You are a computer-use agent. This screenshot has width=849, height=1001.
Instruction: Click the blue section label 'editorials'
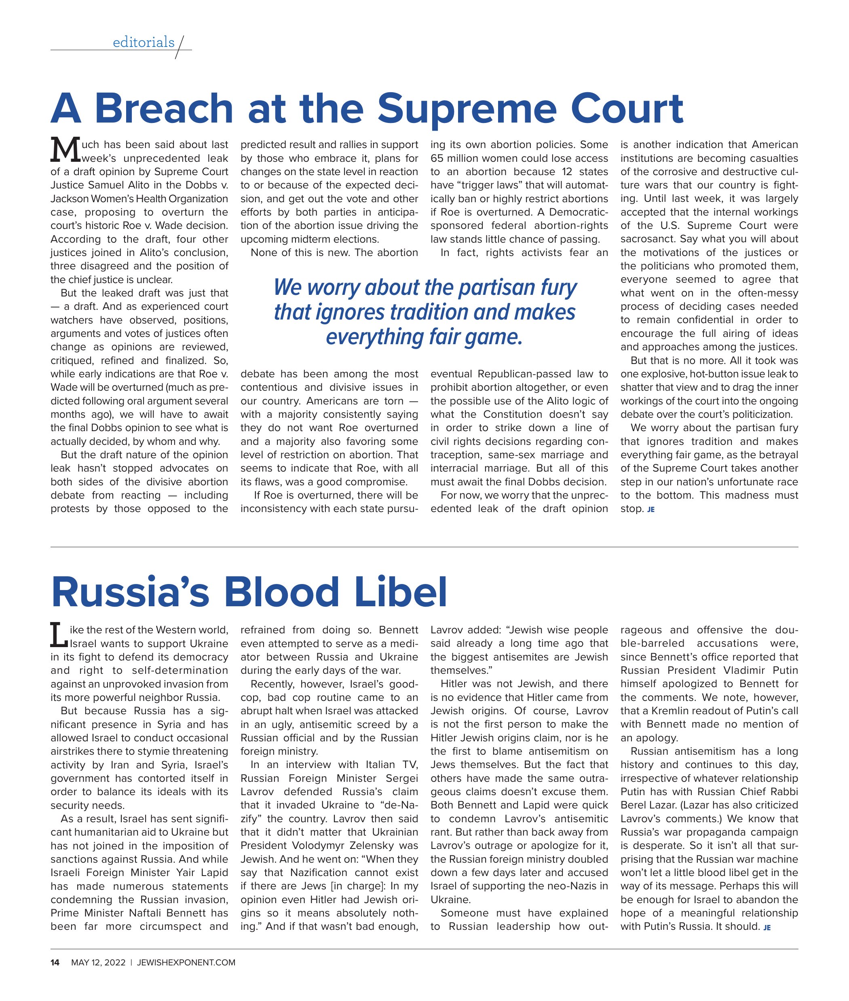click(x=144, y=42)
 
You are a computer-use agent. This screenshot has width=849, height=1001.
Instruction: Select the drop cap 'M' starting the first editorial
click(x=65, y=150)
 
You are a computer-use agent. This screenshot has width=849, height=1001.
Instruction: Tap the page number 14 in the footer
click(x=55, y=963)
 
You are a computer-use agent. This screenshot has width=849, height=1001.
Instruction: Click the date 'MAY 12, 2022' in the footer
click(x=98, y=963)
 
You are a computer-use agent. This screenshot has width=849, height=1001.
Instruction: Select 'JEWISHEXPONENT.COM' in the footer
click(x=186, y=963)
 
